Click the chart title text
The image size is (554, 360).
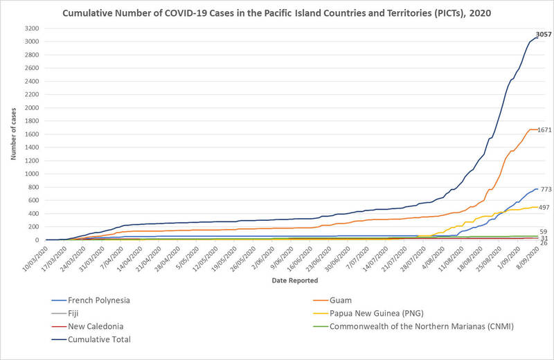coord(277,12)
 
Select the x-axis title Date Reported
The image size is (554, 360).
coord(294,280)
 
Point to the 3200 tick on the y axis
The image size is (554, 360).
coord(30,28)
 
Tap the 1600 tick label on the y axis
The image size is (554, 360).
coord(30,134)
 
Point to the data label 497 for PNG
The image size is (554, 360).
coord(544,207)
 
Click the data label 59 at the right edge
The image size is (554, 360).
coord(544,232)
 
